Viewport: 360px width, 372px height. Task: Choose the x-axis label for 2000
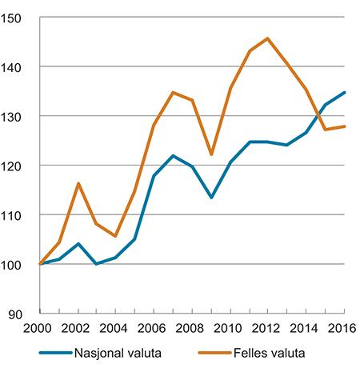click(39, 328)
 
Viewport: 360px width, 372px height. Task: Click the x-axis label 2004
click(116, 328)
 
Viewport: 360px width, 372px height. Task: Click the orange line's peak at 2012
click(268, 38)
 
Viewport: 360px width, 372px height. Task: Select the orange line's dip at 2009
click(211, 154)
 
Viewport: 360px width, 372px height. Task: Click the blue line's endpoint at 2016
click(345, 93)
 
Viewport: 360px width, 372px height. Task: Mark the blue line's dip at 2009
click(211, 197)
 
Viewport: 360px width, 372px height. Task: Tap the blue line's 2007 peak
click(173, 155)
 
